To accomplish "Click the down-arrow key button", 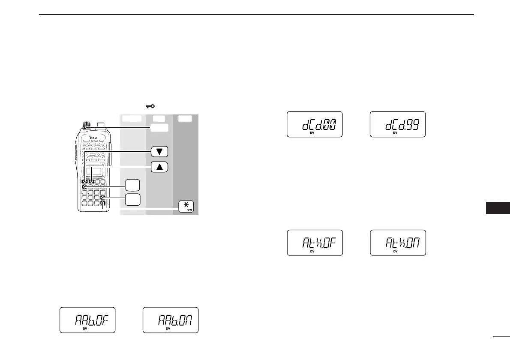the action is pyautogui.click(x=159, y=152).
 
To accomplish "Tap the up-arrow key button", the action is pyautogui.click(x=159, y=167).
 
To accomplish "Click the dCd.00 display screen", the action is pyautogui.click(x=314, y=124).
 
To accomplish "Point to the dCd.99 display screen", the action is pyautogui.click(x=397, y=124).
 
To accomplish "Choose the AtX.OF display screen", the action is pyautogui.click(x=315, y=243).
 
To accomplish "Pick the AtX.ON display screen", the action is pyautogui.click(x=397, y=243).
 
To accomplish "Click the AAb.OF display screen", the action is pyautogui.click(x=87, y=320).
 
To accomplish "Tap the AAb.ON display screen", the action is pyautogui.click(x=170, y=320).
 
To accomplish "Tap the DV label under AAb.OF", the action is pyautogui.click(x=84, y=329).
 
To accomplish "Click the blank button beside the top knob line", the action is pyautogui.click(x=159, y=128).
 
